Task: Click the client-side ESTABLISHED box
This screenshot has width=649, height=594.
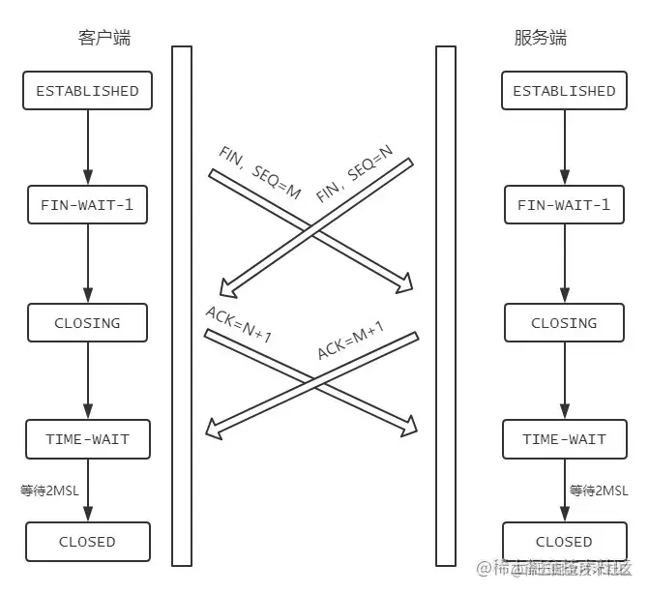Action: (x=87, y=91)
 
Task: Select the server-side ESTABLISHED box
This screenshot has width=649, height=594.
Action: (x=564, y=91)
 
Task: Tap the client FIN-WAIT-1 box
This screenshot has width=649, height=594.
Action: (x=87, y=205)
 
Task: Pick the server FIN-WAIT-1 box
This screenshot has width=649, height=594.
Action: (x=564, y=205)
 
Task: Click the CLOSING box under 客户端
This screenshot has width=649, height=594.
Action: (x=87, y=323)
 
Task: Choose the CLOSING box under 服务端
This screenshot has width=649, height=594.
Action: (x=564, y=323)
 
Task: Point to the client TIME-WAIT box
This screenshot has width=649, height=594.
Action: (x=87, y=439)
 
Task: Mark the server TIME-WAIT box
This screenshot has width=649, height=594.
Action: (x=564, y=439)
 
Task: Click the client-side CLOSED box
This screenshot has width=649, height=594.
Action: (x=87, y=542)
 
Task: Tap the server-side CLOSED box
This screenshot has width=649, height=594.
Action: (x=564, y=542)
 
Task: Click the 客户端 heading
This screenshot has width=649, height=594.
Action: (x=103, y=39)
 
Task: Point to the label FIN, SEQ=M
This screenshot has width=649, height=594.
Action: (x=258, y=175)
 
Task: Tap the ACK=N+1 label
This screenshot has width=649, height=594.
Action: (x=238, y=324)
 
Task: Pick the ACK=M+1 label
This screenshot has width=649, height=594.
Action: (x=350, y=339)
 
